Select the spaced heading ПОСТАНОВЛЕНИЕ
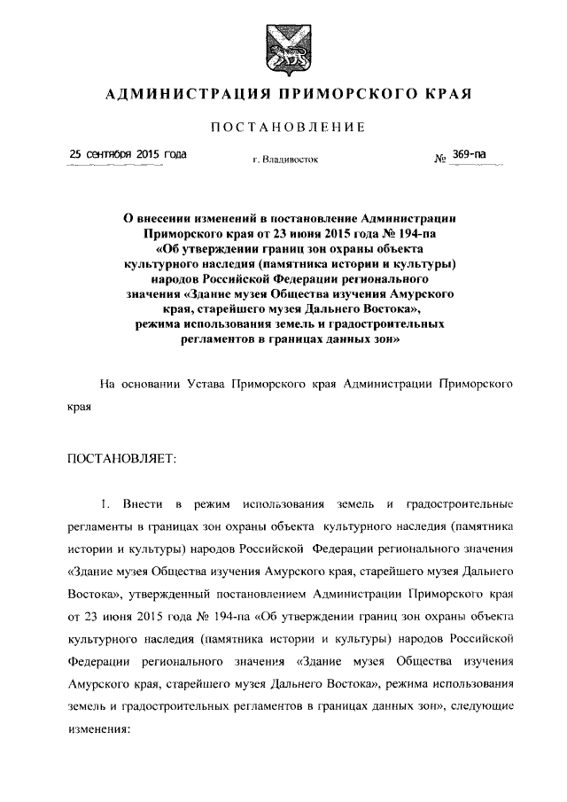283,129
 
